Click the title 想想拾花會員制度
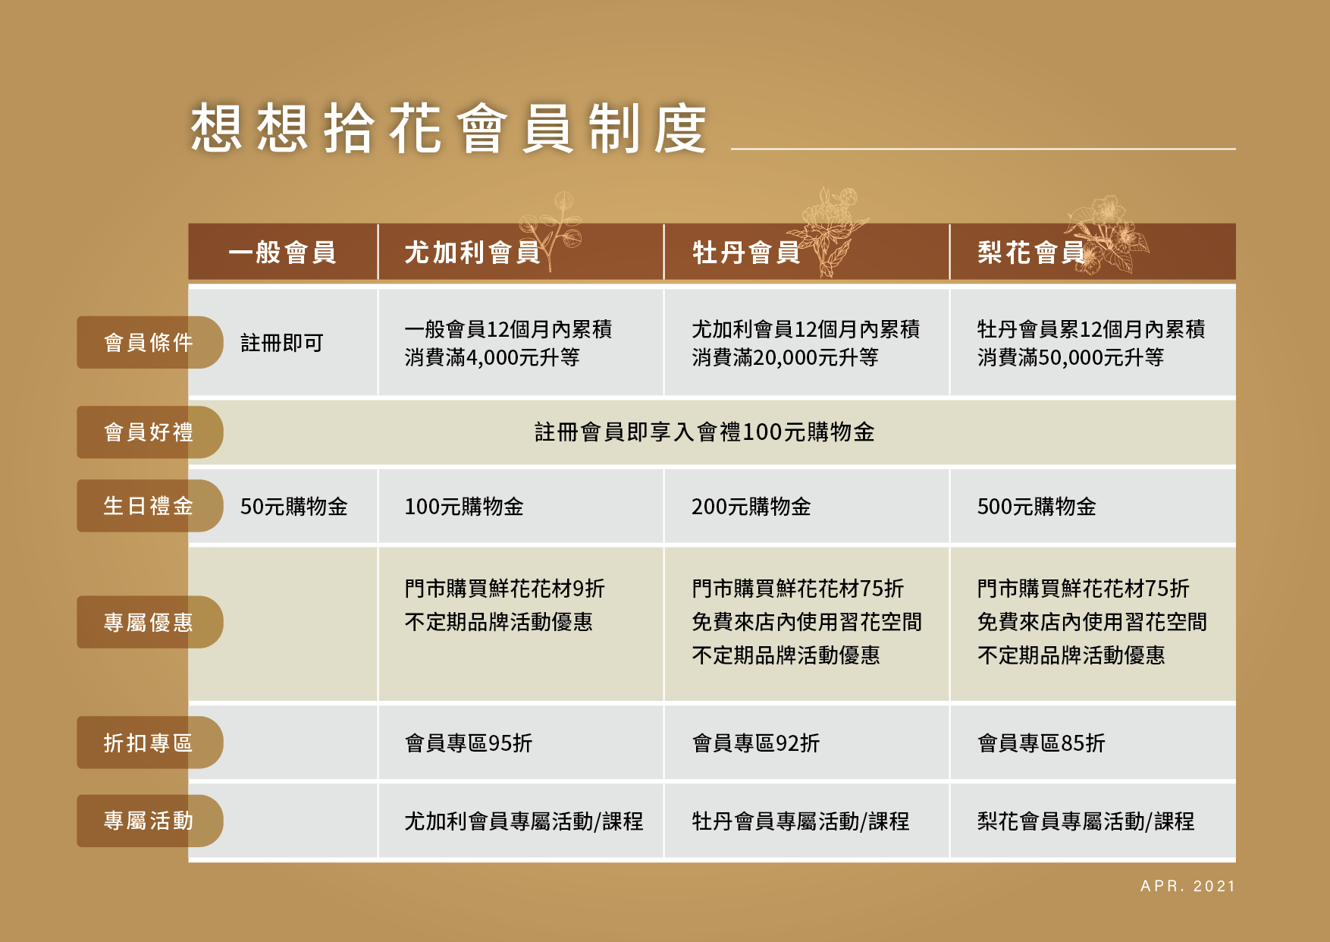coord(448,128)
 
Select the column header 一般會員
coord(282,253)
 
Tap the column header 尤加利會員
coord(472,253)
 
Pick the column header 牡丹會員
coord(746,253)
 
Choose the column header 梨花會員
coord(1031,253)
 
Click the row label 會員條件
coord(149,343)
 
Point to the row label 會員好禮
coord(149,432)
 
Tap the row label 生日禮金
coord(149,506)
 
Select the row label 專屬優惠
coord(149,622)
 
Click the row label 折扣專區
coord(149,743)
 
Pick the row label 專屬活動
coord(149,821)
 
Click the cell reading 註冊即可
coord(282,343)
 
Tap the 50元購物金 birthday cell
coord(294,507)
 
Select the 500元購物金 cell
coord(1037,507)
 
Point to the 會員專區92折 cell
coord(756,743)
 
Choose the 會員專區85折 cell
coord(1041,743)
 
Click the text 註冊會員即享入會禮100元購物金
coord(704,432)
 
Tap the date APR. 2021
coord(1188,886)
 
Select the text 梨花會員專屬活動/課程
coord(1086,821)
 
